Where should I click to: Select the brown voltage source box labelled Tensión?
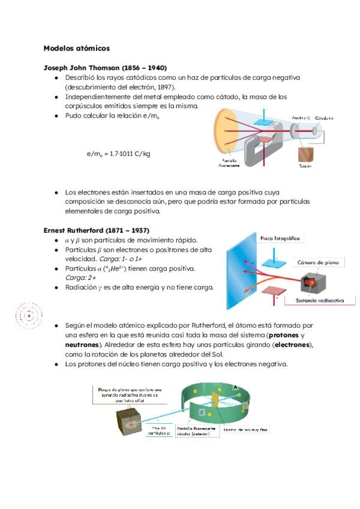click(x=305, y=154)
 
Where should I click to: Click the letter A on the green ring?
click(x=236, y=388)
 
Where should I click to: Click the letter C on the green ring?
click(x=201, y=413)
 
